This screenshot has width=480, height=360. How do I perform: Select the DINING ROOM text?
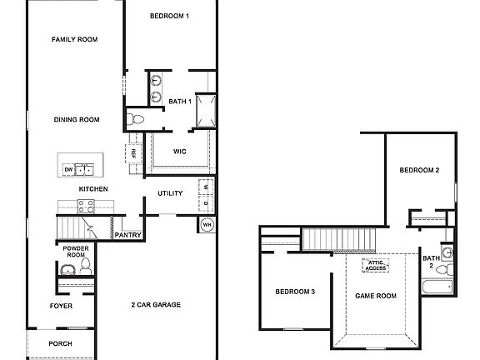coord(77,120)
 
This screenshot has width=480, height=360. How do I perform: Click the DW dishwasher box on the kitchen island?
coord(68,170)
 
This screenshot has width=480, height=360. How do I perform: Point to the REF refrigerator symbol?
coord(132,152)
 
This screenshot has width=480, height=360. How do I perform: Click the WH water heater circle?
coord(207,224)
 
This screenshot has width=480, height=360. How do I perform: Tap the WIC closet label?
coord(179,152)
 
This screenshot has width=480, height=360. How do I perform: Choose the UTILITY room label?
coord(170,194)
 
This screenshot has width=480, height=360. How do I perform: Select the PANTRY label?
coord(127,235)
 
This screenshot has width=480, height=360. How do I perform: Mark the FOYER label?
coord(59,305)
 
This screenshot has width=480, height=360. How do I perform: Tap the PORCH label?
coord(60,343)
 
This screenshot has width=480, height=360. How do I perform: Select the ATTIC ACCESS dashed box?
coord(374,266)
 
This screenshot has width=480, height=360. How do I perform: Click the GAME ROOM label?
coord(376,295)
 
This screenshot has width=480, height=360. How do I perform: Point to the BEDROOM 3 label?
coord(295,291)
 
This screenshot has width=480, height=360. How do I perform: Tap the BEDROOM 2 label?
coord(419,170)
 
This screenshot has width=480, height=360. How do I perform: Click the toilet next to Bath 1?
coord(136,120)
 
